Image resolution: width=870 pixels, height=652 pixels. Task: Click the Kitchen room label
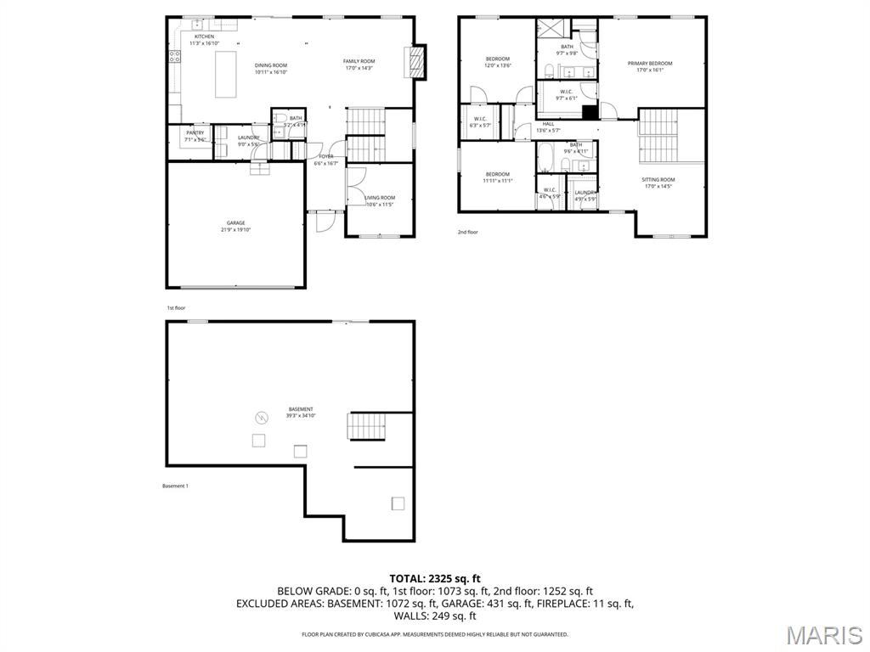click(x=204, y=37)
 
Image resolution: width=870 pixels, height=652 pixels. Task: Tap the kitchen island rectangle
click(x=225, y=74)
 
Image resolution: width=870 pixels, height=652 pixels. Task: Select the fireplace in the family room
click(x=416, y=62)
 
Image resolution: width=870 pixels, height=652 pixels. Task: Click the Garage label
click(x=235, y=223)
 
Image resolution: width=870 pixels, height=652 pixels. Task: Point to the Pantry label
click(x=195, y=133)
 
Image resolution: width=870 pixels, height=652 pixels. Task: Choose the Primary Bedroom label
click(x=649, y=64)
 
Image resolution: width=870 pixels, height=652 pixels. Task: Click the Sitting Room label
click(x=658, y=180)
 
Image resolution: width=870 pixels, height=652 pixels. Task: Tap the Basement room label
click(x=300, y=409)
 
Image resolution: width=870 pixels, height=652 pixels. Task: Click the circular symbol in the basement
click(x=263, y=417)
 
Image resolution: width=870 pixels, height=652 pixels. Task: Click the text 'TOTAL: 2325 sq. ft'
click(x=435, y=579)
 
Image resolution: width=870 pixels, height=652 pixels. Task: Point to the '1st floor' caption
click(x=175, y=307)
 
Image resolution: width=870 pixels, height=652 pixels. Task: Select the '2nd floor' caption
click(x=467, y=232)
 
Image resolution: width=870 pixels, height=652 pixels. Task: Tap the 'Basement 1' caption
click(x=175, y=486)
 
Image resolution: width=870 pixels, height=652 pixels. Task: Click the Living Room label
click(x=380, y=198)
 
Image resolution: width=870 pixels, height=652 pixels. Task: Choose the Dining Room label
click(x=271, y=65)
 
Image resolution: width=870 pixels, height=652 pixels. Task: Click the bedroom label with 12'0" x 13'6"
click(x=497, y=59)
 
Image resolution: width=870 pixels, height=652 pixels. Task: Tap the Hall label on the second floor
click(x=548, y=124)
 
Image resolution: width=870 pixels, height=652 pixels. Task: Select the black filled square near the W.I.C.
click(x=590, y=110)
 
